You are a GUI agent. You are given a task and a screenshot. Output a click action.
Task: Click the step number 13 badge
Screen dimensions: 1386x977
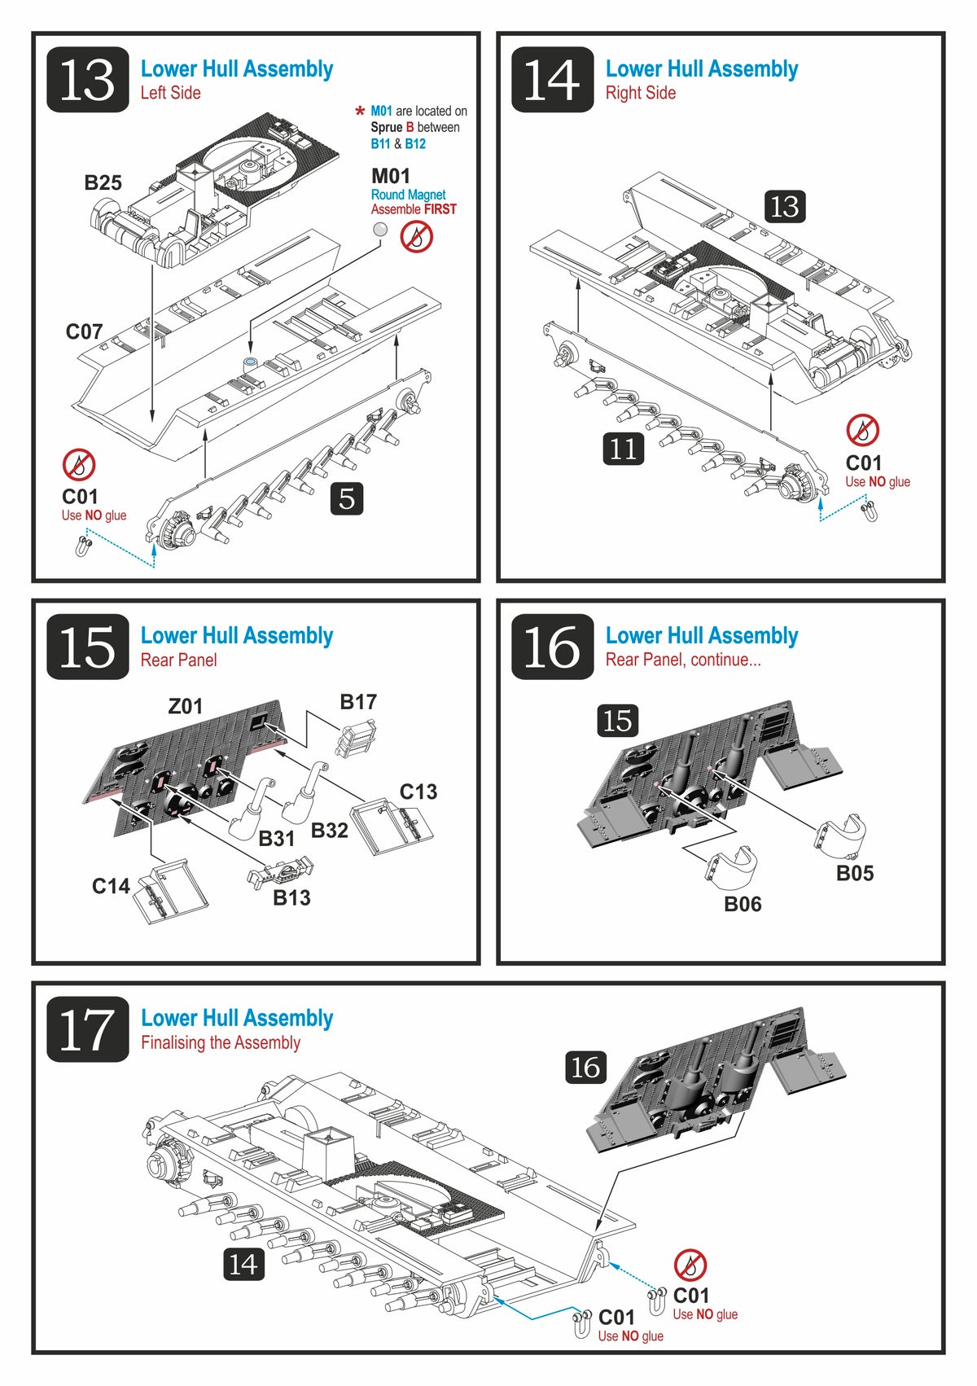88,79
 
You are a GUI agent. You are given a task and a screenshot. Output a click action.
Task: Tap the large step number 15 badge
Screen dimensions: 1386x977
88,647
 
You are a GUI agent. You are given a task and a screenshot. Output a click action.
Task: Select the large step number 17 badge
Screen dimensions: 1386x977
88,1029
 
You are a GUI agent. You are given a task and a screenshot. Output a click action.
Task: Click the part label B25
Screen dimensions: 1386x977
103,182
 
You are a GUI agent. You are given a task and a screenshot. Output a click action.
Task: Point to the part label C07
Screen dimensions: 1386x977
84,331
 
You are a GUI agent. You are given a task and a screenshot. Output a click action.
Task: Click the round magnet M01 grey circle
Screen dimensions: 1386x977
379,230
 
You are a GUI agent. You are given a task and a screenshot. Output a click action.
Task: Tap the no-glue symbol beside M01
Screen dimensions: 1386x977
416,237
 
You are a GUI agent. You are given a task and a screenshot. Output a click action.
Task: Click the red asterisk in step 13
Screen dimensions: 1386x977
360,112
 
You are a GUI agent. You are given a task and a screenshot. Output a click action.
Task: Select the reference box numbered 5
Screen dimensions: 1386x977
347,498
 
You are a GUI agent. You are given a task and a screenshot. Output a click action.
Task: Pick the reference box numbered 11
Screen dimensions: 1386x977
623,448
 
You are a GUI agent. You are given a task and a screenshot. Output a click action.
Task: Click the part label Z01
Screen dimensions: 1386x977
185,706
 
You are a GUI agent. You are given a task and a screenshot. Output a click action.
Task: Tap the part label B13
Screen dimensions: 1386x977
291,897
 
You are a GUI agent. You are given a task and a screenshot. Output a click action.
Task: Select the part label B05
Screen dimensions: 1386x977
855,873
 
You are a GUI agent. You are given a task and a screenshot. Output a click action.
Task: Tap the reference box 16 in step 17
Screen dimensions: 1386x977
585,1067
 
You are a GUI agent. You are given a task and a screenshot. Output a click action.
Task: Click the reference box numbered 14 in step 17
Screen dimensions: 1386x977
243,1264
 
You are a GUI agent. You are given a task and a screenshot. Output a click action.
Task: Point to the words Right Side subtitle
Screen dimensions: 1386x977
640,93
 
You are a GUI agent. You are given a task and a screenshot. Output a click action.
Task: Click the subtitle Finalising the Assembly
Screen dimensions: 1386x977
221,1042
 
